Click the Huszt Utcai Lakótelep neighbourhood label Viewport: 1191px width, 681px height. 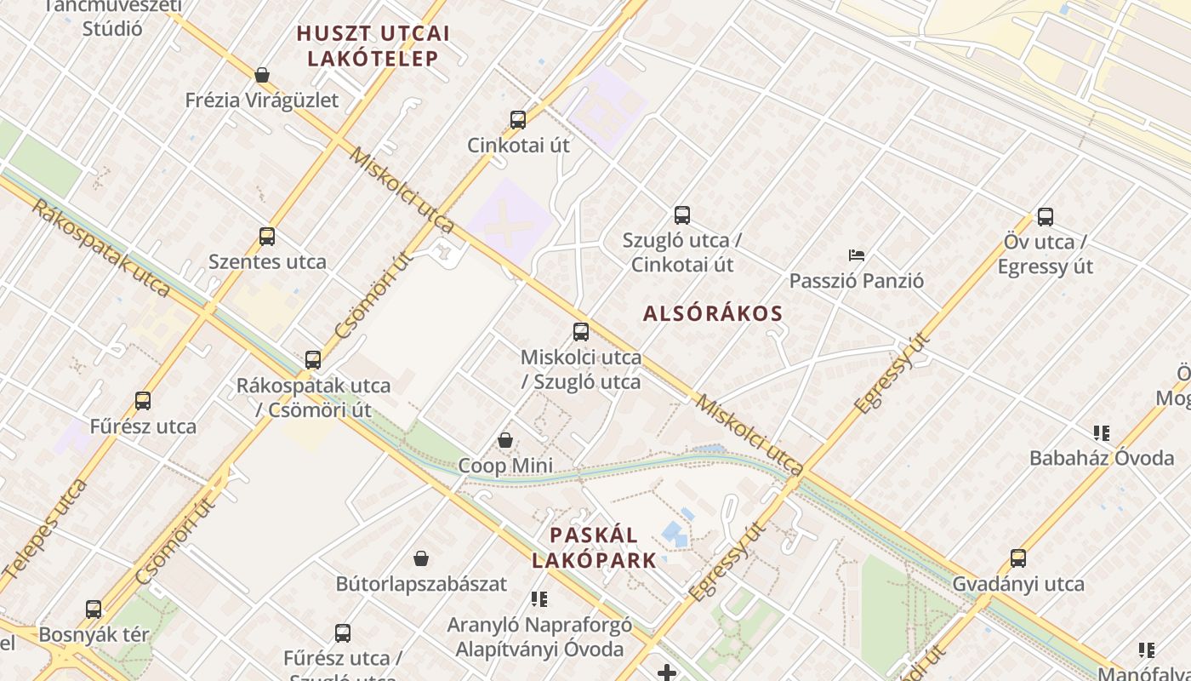coord(373,46)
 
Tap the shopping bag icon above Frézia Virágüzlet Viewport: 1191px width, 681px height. coord(262,75)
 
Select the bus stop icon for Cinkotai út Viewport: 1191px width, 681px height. coord(518,120)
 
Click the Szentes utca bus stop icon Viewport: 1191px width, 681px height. coord(267,237)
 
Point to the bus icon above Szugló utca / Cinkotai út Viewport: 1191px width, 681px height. coord(682,215)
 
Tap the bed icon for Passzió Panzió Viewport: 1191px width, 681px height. coord(857,255)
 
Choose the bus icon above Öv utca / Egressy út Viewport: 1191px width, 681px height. coord(1046,217)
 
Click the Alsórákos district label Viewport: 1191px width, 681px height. coord(713,313)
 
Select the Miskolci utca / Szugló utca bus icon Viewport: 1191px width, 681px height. coord(581,332)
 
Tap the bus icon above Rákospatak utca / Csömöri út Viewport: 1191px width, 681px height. coord(313,360)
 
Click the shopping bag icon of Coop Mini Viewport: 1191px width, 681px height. coord(505,440)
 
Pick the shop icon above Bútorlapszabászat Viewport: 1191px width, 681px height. coord(421,558)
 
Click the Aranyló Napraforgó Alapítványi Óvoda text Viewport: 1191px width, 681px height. coord(539,637)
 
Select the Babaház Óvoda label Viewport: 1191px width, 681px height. coord(1102,458)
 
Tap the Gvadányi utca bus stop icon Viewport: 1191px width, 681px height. coord(1018,558)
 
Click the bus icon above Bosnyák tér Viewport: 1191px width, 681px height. coord(94,609)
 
